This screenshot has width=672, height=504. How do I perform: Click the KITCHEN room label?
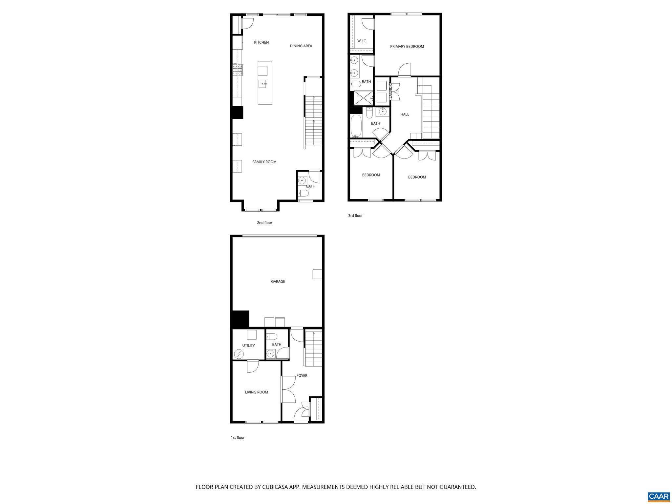click(261, 42)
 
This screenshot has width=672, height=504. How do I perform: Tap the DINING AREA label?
click(301, 46)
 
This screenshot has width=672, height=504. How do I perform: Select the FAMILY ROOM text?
click(264, 162)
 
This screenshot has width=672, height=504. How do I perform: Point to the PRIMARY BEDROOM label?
click(407, 47)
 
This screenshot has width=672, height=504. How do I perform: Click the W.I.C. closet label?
click(362, 41)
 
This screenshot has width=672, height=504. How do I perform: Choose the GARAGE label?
click(278, 282)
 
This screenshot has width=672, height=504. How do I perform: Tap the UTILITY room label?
click(248, 346)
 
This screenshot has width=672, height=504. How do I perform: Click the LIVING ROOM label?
click(256, 392)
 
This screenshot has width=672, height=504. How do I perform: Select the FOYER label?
click(302, 376)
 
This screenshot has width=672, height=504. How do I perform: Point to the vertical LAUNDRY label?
click(390, 91)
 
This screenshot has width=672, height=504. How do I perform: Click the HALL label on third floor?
click(405, 115)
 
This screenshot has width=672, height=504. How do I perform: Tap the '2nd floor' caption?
click(264, 223)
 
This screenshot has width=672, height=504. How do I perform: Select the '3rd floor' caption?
click(355, 216)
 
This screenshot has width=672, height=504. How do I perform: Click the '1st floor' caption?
click(238, 437)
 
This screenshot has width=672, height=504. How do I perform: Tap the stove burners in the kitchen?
click(238, 70)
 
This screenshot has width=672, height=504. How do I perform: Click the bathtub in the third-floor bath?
click(356, 126)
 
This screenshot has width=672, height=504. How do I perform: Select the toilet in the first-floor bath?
click(272, 336)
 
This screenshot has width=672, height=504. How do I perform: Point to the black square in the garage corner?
click(240, 319)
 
